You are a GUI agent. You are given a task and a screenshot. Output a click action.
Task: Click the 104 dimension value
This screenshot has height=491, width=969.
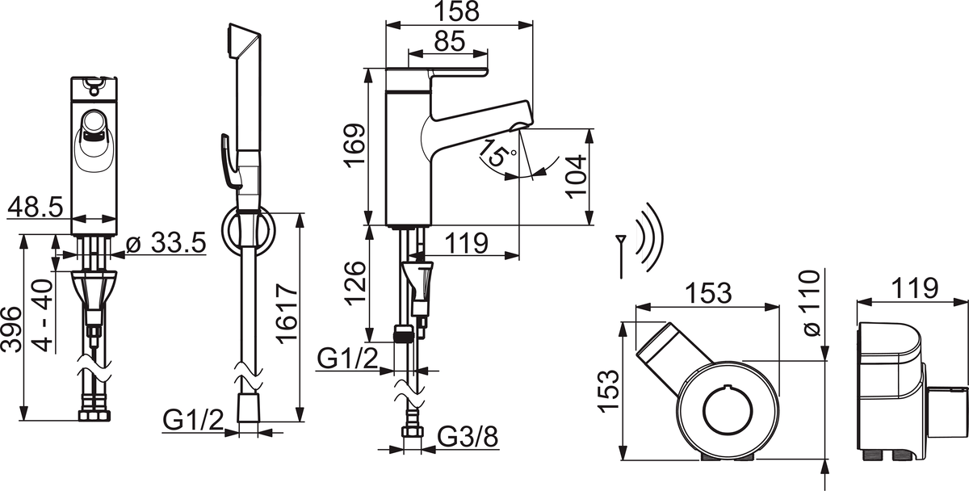coord(573,175)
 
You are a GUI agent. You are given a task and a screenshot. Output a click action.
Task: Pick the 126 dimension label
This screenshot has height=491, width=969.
coord(354,283)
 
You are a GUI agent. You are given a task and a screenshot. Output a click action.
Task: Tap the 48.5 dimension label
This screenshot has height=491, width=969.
coord(36,208)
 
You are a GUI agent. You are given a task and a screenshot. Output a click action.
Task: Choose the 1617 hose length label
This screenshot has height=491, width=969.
coord(285,314)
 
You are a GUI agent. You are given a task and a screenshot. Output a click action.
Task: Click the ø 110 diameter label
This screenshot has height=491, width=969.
coord(810,304)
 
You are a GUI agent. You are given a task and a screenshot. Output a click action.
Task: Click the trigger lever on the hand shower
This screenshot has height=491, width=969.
coord(229,162)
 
